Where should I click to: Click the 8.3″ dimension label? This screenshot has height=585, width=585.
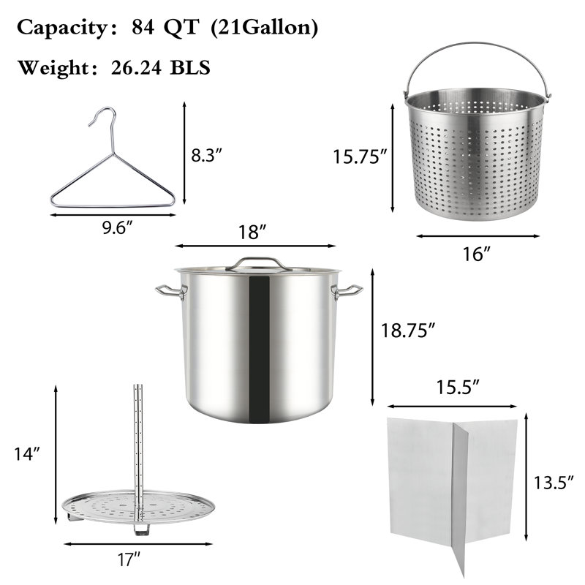point(207,155)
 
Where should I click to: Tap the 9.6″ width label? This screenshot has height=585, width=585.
point(118,227)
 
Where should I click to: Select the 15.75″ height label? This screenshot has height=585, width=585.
point(360,156)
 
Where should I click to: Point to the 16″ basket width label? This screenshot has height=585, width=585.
point(477,254)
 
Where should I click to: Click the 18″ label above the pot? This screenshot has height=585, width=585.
point(252,232)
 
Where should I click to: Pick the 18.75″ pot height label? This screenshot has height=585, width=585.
point(408,331)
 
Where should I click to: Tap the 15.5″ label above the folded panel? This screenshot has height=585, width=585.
point(458,387)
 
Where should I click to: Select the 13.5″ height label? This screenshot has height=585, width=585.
point(554,483)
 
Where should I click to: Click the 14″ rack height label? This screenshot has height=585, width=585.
point(27,453)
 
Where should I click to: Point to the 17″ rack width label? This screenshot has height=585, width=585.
point(129,559)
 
